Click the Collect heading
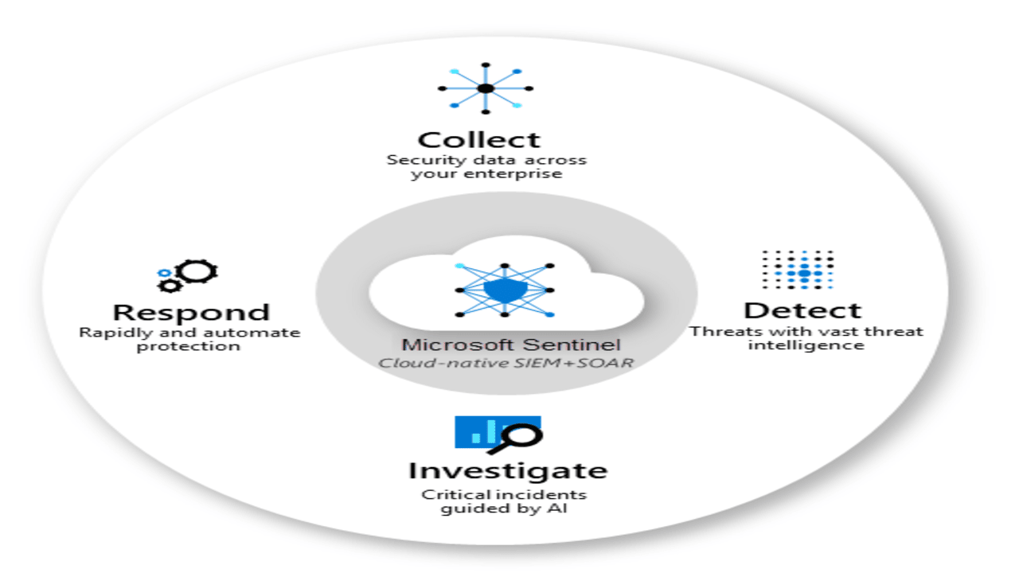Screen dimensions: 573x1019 tap(479, 140)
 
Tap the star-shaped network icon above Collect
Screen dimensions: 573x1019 tap(486, 88)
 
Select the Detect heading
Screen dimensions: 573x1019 tap(802, 310)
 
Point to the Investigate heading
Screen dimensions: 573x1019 tap(507, 470)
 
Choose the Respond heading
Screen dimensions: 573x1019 tap(191, 312)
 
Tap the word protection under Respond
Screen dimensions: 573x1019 tap(188, 346)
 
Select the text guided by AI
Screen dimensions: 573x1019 tap(504, 509)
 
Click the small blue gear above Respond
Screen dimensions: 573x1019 tap(164, 273)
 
